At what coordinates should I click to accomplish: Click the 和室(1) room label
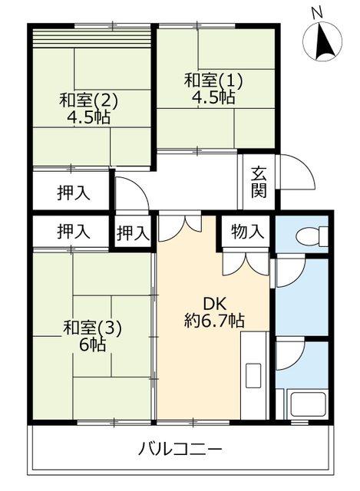(x=213, y=81)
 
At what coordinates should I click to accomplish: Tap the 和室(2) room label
(x=89, y=101)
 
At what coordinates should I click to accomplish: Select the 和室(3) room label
(x=92, y=328)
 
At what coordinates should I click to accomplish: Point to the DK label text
(x=215, y=304)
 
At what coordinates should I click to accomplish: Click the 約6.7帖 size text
(x=214, y=321)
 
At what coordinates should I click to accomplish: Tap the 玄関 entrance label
(x=259, y=183)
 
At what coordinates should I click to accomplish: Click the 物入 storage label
(x=247, y=232)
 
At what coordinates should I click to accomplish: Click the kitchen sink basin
(x=253, y=375)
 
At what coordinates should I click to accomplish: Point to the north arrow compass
(x=322, y=41)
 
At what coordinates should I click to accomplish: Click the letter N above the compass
(x=317, y=13)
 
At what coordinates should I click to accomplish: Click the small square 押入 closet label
(x=133, y=233)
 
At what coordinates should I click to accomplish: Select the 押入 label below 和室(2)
(x=74, y=193)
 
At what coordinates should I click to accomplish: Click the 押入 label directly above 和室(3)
(x=74, y=232)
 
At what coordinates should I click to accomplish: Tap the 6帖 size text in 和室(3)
(x=92, y=344)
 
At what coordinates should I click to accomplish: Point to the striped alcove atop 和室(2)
(x=92, y=38)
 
